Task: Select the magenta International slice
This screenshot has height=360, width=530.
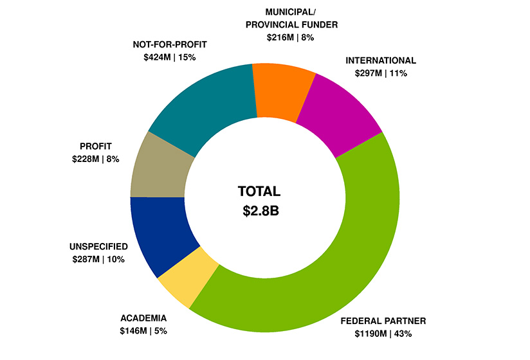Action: coord(342,116)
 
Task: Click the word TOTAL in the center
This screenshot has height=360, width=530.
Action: coord(259,192)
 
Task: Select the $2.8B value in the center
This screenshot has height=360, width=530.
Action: coord(259,211)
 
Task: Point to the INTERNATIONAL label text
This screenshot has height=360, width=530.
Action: coord(381,60)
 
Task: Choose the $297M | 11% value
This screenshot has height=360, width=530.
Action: coord(381,73)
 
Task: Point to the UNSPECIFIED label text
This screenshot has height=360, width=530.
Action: coord(98,246)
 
